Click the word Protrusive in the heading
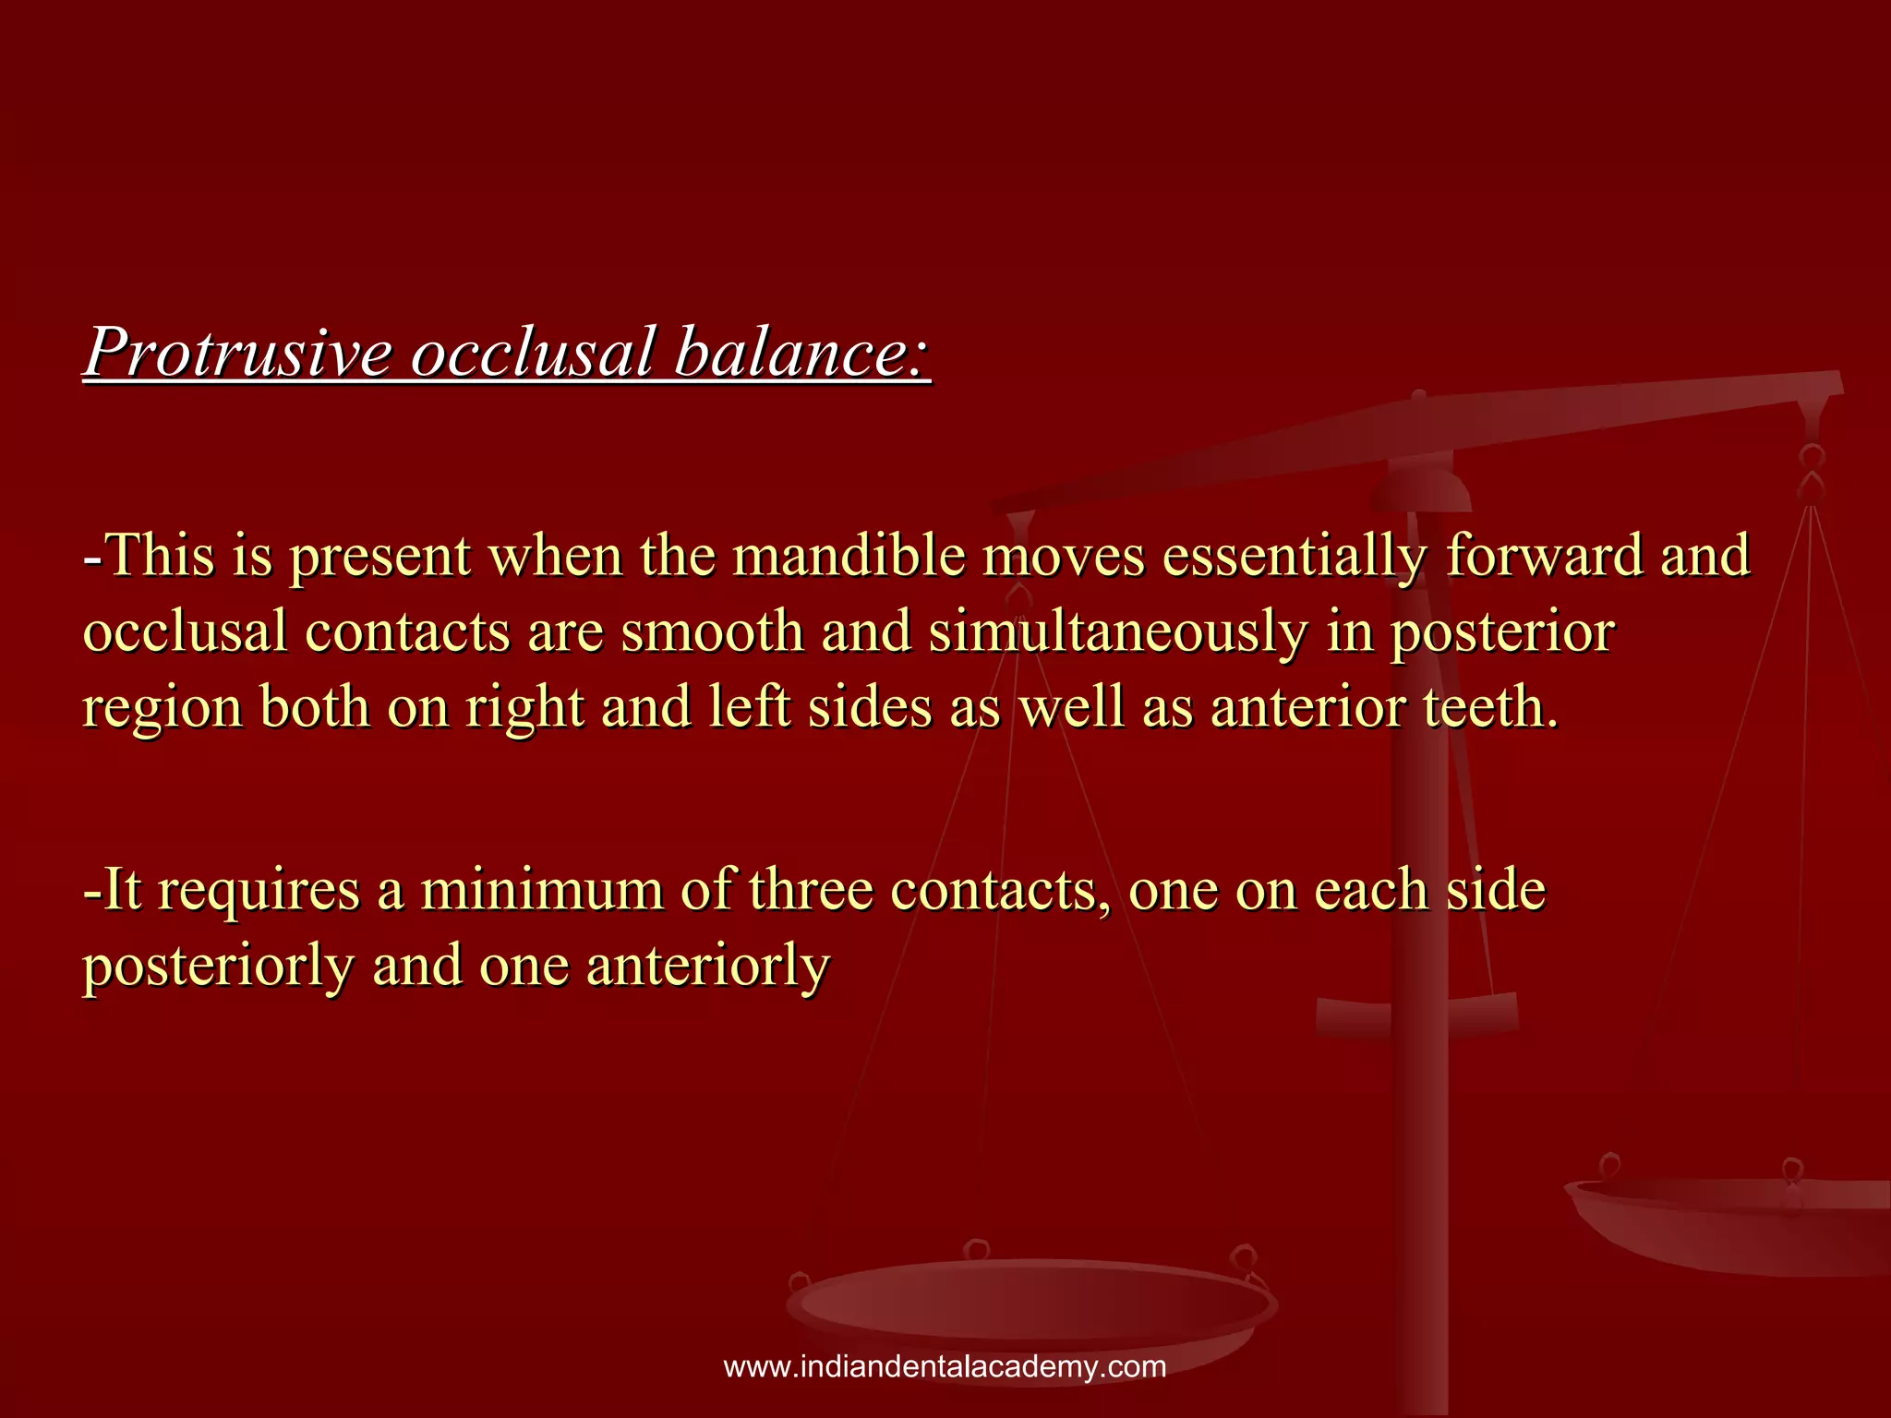coord(238,353)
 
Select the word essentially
coord(1295,557)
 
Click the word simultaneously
coord(1118,633)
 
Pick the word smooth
coord(712,633)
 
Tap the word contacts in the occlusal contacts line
coord(407,633)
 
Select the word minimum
coord(542,891)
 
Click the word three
coord(810,891)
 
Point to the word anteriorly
coord(708,967)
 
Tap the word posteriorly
coord(218,967)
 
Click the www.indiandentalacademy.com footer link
coord(945,1367)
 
